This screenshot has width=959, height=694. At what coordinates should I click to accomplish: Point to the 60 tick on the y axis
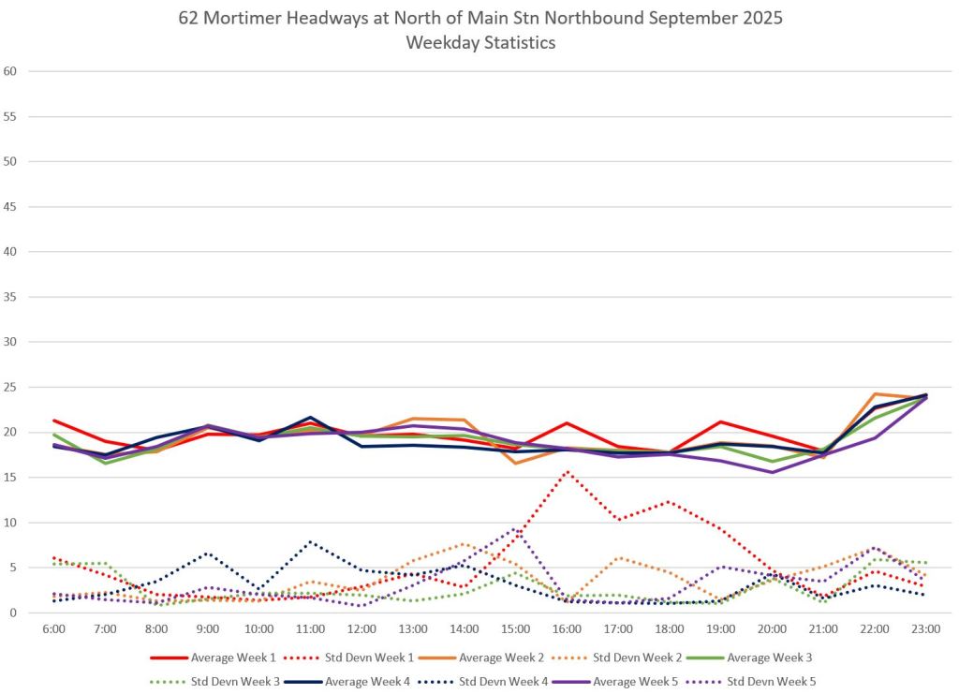point(11,71)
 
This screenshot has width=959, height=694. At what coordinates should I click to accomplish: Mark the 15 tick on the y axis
point(11,478)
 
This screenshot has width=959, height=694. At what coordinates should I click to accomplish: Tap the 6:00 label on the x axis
point(54,628)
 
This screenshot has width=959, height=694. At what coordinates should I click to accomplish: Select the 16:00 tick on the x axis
point(567,628)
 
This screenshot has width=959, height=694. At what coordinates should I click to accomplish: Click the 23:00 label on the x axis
point(925,628)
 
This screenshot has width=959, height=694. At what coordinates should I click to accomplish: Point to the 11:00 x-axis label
point(310,628)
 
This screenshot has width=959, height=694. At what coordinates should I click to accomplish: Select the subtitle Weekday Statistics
point(479,43)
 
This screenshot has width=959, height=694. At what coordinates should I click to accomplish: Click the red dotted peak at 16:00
point(567,471)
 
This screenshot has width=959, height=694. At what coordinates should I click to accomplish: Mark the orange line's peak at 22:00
point(875,394)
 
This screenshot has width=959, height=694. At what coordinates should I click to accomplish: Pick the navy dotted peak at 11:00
point(310,541)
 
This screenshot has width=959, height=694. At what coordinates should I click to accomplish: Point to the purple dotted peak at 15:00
point(515,529)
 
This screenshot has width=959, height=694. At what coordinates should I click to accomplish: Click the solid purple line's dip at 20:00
point(772,472)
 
